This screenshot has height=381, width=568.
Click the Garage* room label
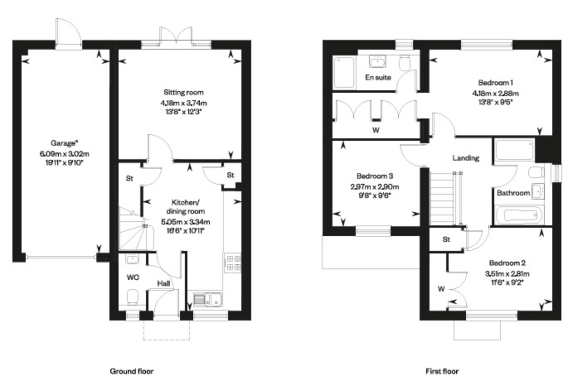(x=64, y=143)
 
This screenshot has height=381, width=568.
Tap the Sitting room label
(x=184, y=93)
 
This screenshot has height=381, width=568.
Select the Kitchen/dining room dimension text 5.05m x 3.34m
(x=186, y=222)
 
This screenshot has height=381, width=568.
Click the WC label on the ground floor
(x=133, y=277)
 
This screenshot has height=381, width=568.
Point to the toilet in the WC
(x=133, y=297)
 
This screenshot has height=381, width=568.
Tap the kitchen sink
(x=208, y=300)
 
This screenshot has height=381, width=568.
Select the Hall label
(x=164, y=284)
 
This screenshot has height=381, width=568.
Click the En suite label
(x=378, y=78)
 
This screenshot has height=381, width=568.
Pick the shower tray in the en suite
(x=344, y=72)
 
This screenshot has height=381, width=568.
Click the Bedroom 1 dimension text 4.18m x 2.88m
(x=495, y=94)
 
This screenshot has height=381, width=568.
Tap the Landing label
(x=466, y=158)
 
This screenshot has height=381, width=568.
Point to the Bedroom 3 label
(x=374, y=176)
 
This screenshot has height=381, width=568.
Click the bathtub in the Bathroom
(x=520, y=215)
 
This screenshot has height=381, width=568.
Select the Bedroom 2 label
(x=507, y=263)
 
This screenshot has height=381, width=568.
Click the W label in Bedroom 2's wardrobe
(x=441, y=289)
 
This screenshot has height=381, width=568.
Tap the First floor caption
(x=442, y=372)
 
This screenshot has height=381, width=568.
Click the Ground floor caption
(x=132, y=372)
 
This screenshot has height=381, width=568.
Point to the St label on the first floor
(x=446, y=239)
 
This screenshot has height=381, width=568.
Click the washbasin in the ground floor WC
(x=132, y=259)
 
